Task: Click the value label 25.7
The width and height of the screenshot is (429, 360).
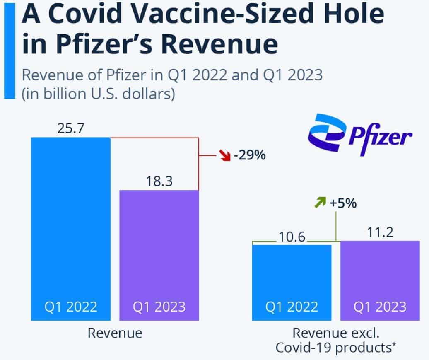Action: (70, 128)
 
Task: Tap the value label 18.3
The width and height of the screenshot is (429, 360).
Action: (159, 181)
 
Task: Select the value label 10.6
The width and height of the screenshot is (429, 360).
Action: (292, 237)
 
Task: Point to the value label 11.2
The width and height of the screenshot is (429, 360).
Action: (379, 232)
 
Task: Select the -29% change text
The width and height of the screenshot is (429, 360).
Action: (249, 157)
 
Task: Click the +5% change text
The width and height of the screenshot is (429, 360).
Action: (343, 203)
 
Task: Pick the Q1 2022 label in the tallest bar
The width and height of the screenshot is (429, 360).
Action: (70, 307)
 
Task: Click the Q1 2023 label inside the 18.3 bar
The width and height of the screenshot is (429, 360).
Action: (159, 307)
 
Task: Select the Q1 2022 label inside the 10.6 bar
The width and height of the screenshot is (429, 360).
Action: (292, 307)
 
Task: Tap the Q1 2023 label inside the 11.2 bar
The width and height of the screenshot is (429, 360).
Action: (379, 307)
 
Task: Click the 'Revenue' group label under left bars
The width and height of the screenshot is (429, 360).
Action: (115, 333)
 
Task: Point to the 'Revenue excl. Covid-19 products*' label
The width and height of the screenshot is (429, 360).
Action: (336, 340)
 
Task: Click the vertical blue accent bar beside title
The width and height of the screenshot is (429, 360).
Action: (9, 50)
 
